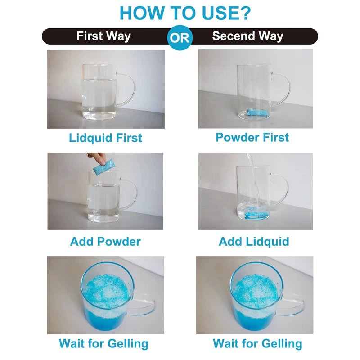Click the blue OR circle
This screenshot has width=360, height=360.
click(180, 37)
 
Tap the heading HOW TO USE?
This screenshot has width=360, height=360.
click(185, 13)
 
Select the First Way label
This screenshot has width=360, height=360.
click(103, 36)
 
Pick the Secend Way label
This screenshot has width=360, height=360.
click(248, 36)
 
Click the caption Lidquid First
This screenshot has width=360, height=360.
click(105, 138)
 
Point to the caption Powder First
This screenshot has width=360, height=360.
click(252, 137)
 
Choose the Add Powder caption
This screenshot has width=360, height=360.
click(105, 242)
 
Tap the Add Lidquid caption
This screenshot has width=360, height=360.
click(254, 242)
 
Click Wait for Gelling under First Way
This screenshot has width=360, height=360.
click(103, 344)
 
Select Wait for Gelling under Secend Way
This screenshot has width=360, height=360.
click(257, 344)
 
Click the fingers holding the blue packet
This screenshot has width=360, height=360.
click(97, 157)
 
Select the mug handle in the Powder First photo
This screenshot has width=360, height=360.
click(288, 90)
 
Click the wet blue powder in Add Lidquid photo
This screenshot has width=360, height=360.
click(255, 212)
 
